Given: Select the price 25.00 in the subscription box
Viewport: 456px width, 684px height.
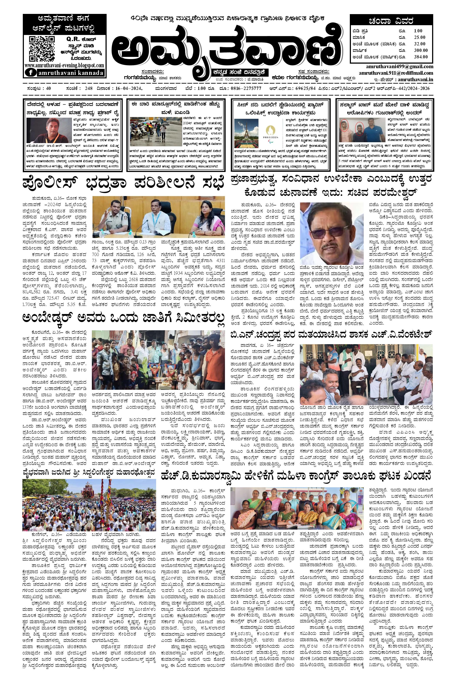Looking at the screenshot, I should [419, 37].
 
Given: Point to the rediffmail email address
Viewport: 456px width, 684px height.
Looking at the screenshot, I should [392, 73].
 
